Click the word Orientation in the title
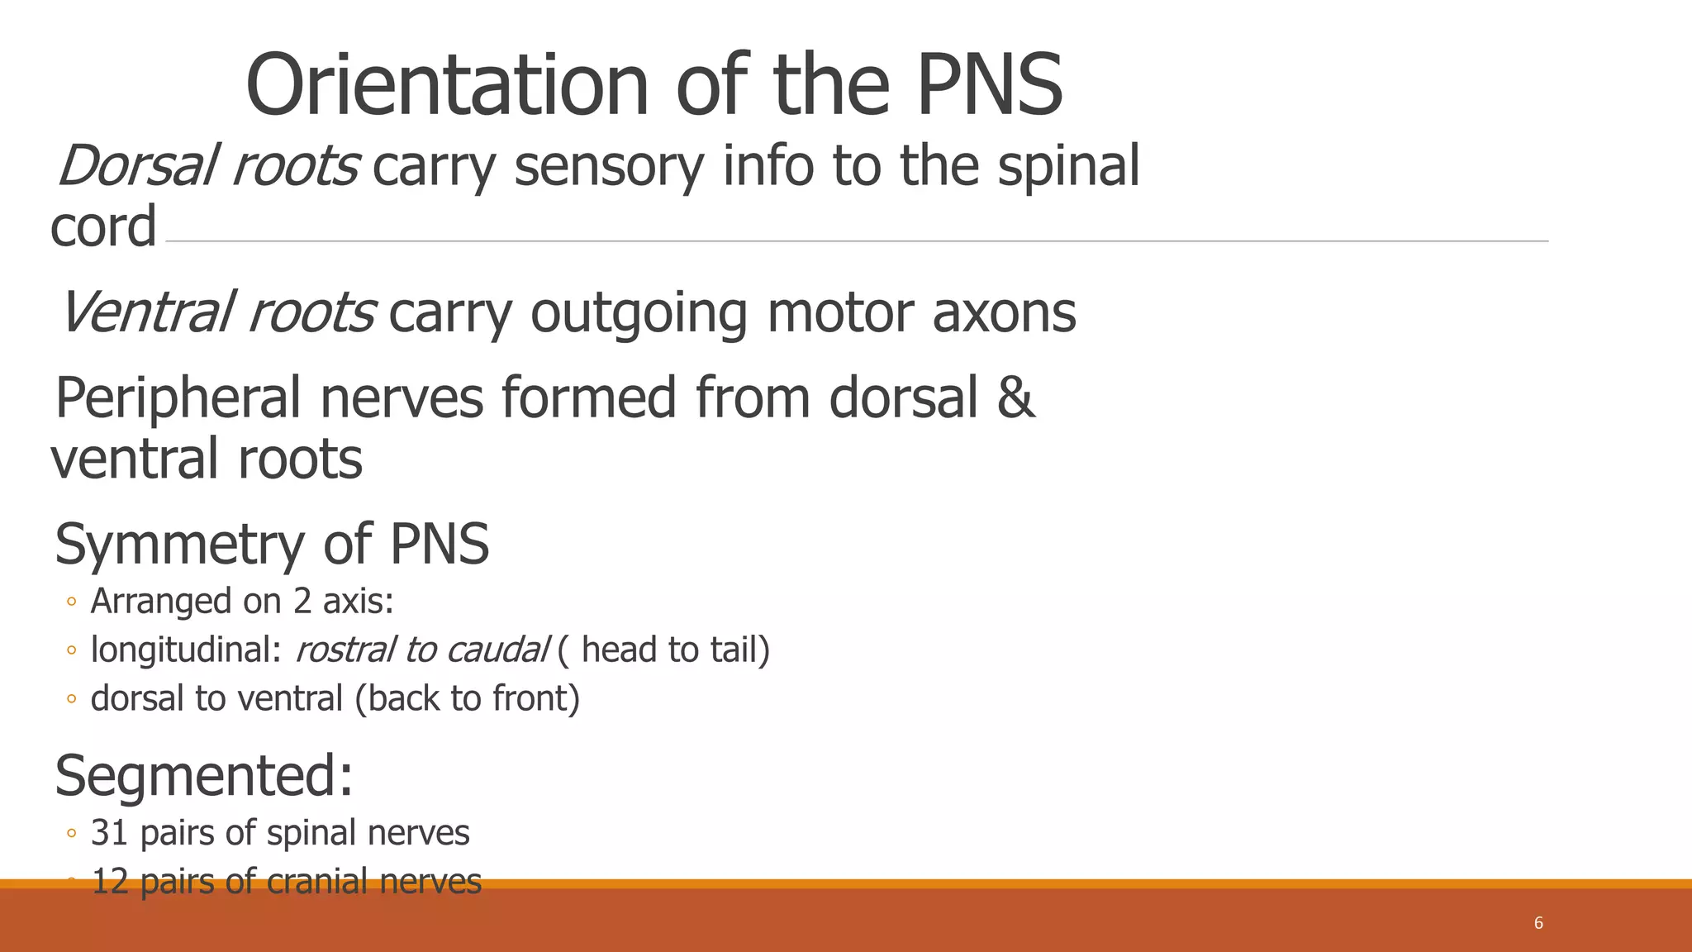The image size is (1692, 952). point(446,86)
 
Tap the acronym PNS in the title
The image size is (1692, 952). point(989,86)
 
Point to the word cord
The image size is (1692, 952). point(103,226)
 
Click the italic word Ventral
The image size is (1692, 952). point(145,313)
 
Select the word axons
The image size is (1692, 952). point(1004,313)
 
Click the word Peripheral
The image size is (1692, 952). point(178,398)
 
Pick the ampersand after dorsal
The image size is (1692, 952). point(1015,398)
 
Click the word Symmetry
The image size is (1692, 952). point(179,545)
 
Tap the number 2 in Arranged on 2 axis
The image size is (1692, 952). point(302,602)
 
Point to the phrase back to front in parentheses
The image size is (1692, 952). point(468,699)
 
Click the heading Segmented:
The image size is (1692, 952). point(204,776)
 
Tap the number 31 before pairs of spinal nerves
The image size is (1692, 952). point(109,833)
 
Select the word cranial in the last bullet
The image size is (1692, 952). point(317,882)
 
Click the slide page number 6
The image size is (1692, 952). point(1538,923)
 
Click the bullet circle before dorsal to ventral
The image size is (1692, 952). point(71,700)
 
